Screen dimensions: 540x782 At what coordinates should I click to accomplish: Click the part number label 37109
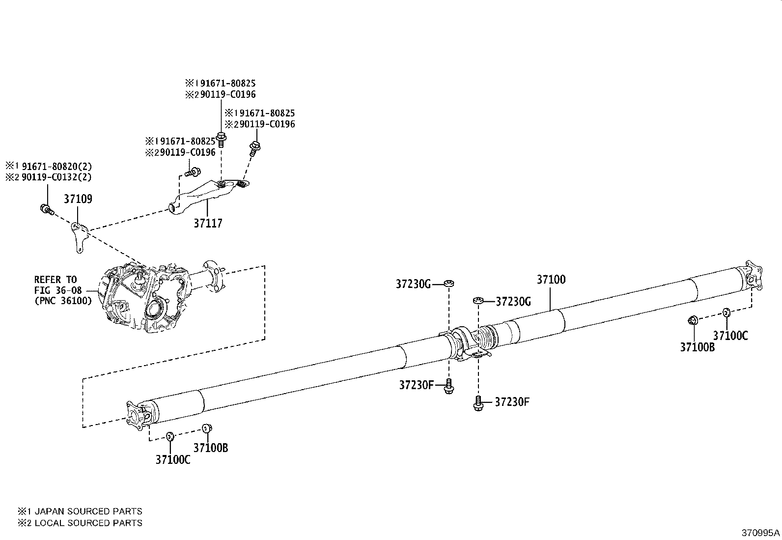pos(78,199)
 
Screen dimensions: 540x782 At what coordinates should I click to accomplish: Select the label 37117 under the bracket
pos(208,224)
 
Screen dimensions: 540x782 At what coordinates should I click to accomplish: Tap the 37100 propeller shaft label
pos(551,280)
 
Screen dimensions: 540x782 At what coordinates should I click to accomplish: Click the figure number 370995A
pos(760,533)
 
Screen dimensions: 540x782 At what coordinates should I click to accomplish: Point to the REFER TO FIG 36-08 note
pos(63,290)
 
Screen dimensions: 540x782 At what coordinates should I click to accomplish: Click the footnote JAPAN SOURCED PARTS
pos(80,512)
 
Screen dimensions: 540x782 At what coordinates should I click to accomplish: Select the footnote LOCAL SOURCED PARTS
pos(80,523)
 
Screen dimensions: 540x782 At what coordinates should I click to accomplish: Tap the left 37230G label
pos(413,284)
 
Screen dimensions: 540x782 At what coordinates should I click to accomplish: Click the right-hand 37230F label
pos(512,402)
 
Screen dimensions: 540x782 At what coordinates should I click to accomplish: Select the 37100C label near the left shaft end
pos(172,460)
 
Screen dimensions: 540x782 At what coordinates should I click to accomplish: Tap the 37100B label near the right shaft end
pos(697,347)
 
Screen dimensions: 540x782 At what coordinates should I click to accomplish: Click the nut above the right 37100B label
pos(692,321)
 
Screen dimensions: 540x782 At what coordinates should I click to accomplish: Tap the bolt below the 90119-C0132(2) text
pos(45,209)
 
